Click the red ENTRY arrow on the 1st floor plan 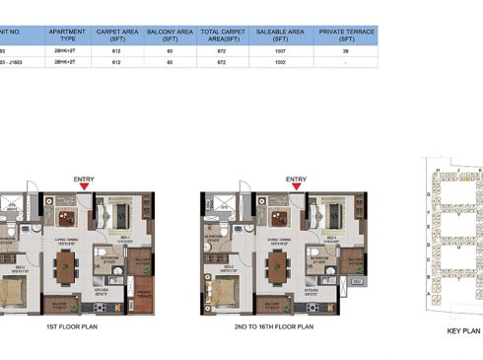tap(85, 185)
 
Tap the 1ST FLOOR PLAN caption tap(72, 324)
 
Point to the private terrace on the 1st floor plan tap(144, 292)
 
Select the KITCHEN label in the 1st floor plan tap(102, 289)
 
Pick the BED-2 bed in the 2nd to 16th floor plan tap(225, 290)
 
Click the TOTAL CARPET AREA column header tap(219, 36)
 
